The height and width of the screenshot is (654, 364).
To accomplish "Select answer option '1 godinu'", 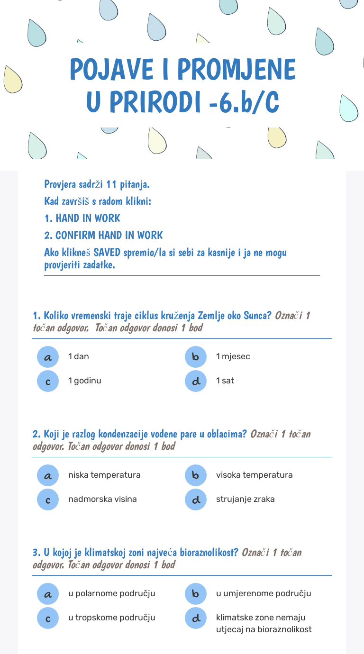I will click(x=84, y=381).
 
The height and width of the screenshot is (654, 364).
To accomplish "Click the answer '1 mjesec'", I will click(x=233, y=356).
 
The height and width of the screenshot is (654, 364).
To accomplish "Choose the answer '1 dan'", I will click(x=79, y=356).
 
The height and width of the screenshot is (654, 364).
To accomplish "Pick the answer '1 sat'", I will click(x=225, y=381).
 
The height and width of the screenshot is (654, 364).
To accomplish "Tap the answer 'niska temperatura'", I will click(x=104, y=475).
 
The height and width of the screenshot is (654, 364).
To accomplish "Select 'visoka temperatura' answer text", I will click(x=254, y=475).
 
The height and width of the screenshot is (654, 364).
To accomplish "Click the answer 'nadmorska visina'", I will click(x=102, y=499).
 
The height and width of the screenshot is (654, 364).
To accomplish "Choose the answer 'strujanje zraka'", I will click(x=245, y=499).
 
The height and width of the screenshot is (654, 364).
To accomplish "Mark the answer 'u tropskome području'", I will click(x=111, y=618).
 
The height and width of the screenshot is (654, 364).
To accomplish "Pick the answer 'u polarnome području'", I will click(x=111, y=593).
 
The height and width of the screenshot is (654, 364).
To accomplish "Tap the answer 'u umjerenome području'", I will click(x=264, y=593).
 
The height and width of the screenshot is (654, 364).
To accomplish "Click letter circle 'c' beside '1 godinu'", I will click(x=48, y=381).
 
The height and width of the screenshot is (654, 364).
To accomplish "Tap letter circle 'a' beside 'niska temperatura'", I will click(x=48, y=475).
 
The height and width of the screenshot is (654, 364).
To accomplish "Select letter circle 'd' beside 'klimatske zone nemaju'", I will click(x=196, y=618).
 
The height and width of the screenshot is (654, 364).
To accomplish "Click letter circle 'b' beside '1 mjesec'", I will click(x=196, y=357).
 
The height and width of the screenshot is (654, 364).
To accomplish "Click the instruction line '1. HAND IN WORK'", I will click(x=82, y=218).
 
